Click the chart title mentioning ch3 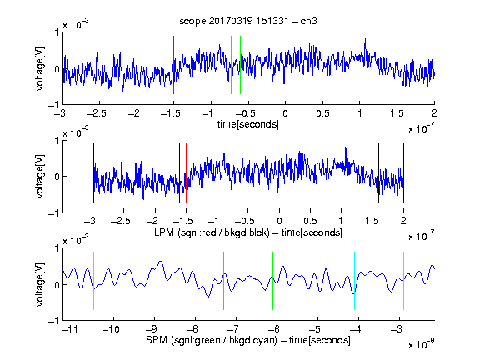[x=248, y=21]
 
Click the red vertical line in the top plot [x=173, y=65]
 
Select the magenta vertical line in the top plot [x=397, y=65]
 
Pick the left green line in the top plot [x=231, y=65]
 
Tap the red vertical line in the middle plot [x=186, y=172]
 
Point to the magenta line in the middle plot [x=372, y=172]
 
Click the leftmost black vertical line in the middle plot [x=93, y=172]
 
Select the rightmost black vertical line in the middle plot [x=403, y=172]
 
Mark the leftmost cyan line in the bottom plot [x=93, y=281]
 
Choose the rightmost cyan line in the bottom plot [x=403, y=281]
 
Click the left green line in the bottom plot [x=224, y=281]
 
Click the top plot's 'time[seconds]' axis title [x=248, y=124]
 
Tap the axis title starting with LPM [x=248, y=232]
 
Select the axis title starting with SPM [x=248, y=340]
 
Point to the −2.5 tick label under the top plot [x=97, y=113]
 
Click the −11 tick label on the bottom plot [x=70, y=329]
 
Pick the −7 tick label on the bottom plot [x=232, y=329]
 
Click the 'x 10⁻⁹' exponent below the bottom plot [x=421, y=343]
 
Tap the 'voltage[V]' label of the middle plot [x=40, y=177]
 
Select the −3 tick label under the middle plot [x=91, y=221]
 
